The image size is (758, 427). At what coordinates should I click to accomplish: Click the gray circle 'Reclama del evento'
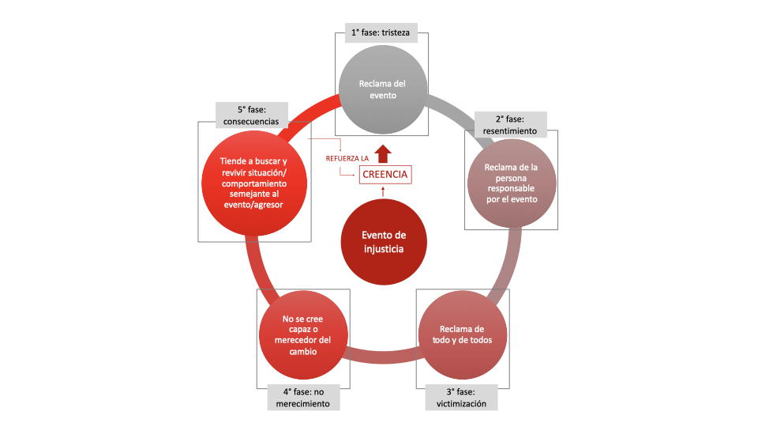pyautogui.click(x=383, y=89)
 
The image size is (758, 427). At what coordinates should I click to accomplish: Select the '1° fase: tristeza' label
pyautogui.click(x=381, y=33)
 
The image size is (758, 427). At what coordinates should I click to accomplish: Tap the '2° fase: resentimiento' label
pyautogui.click(x=511, y=125)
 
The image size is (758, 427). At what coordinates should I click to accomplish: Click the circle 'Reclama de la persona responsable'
pyautogui.click(x=512, y=183)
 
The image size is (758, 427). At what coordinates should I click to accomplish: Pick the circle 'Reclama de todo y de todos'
pyautogui.click(x=462, y=335)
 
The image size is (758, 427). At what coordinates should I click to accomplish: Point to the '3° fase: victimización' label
pyautogui.click(x=461, y=398)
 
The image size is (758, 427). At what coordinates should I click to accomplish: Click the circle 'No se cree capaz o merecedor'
pyautogui.click(x=303, y=335)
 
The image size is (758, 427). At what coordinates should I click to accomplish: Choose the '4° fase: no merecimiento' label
pyautogui.click(x=303, y=398)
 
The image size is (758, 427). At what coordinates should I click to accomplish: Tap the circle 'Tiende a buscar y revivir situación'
pyautogui.click(x=254, y=183)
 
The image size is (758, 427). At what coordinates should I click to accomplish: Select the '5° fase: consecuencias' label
pyautogui.click(x=252, y=115)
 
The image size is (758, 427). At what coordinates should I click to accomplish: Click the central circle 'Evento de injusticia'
pyautogui.click(x=384, y=242)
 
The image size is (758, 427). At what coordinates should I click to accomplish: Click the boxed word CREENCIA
pyautogui.click(x=385, y=174)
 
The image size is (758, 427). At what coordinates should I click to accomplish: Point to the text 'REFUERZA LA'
pyautogui.click(x=347, y=158)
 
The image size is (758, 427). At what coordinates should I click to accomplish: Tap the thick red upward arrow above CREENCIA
pyautogui.click(x=384, y=153)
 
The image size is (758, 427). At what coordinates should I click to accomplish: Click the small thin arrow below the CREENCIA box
pyautogui.click(x=384, y=191)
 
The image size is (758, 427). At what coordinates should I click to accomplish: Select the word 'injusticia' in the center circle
pyautogui.click(x=384, y=249)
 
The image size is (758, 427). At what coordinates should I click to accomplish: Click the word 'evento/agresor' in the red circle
pyautogui.click(x=253, y=205)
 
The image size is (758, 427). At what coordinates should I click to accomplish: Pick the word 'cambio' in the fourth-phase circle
pyautogui.click(x=303, y=351)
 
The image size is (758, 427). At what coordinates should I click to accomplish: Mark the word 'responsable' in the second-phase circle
pyautogui.click(x=511, y=188)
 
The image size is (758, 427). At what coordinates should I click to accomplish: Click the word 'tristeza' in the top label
pyautogui.click(x=396, y=33)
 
